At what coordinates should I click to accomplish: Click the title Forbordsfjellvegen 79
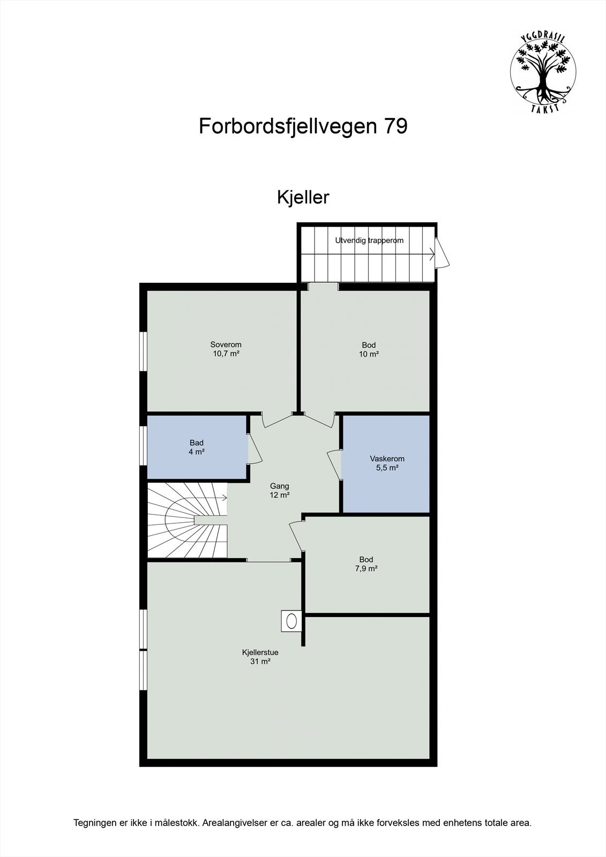tap(303, 126)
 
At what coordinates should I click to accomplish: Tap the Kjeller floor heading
tap(303, 197)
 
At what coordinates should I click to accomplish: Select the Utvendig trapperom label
tap(369, 240)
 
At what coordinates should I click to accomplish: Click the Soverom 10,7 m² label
tap(226, 349)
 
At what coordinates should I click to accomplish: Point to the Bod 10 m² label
tap(369, 349)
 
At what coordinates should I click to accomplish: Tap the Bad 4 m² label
tap(197, 447)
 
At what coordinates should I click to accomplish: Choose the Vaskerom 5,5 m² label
tap(387, 463)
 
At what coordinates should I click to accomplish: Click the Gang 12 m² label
tap(279, 491)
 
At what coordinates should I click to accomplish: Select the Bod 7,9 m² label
tap(366, 564)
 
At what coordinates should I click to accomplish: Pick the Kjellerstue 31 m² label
tap(260, 657)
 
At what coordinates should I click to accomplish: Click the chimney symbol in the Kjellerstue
tap(291, 621)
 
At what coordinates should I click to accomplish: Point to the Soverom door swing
tap(276, 421)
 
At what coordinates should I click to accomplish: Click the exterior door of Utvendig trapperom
tap(443, 253)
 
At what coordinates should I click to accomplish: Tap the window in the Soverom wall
tap(143, 351)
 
